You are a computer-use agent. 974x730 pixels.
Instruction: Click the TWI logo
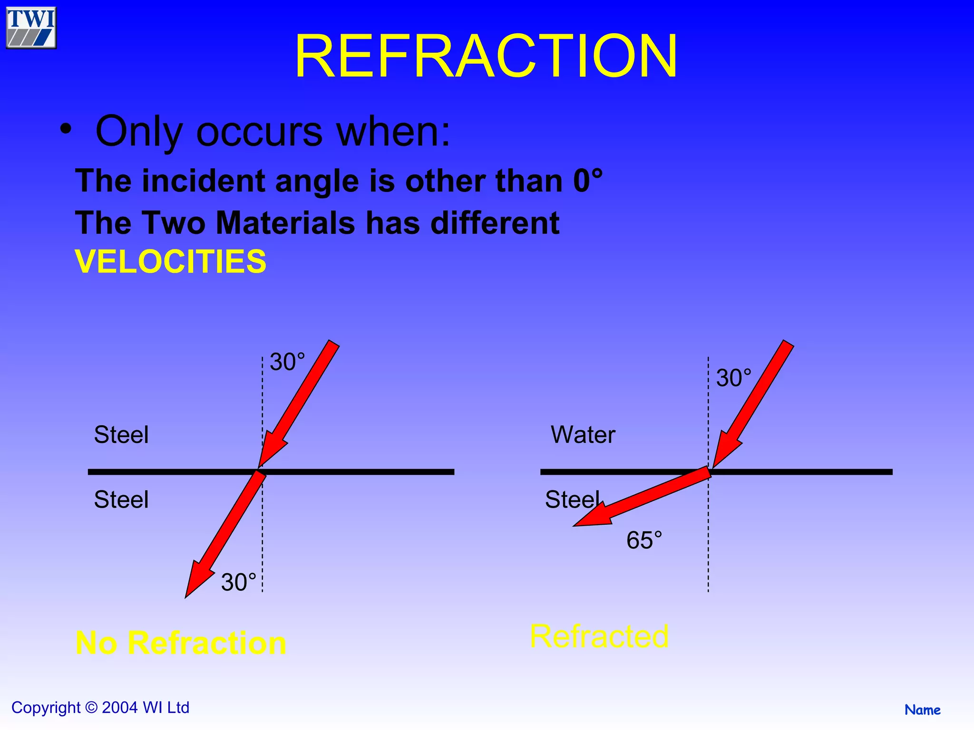coord(31,28)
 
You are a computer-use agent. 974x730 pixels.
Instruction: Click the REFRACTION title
coord(486,56)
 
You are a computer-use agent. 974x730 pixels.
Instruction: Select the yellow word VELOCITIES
coord(171,261)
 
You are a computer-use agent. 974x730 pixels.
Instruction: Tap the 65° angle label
coord(644,540)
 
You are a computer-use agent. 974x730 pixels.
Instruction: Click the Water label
coord(583,434)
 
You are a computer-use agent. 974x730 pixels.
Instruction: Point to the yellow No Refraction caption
coord(181,643)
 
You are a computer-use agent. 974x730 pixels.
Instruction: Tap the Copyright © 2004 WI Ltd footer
coord(100,707)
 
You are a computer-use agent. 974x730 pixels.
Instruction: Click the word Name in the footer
coord(922,710)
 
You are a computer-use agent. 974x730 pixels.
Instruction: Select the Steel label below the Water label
coord(573,499)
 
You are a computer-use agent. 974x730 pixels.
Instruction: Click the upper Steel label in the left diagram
coord(121,434)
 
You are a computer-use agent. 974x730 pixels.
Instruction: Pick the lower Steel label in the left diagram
coord(121,499)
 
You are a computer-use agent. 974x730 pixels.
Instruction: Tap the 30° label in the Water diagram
coord(733,378)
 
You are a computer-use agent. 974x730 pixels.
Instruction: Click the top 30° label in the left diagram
coord(287,362)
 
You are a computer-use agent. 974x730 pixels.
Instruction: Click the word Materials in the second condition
coord(285,223)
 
